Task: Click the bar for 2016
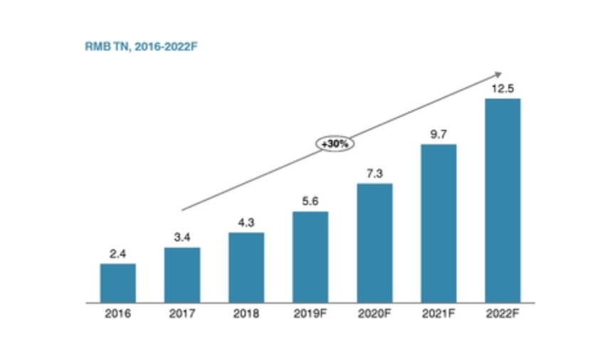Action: (117, 283)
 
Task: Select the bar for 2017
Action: (182, 275)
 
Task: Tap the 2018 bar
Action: (246, 268)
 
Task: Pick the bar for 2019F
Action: (310, 257)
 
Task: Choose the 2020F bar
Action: (374, 243)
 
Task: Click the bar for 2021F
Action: (438, 223)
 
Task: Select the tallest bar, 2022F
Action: (503, 201)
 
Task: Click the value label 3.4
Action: (182, 238)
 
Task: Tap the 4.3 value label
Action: (246, 223)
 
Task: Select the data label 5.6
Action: (310, 201)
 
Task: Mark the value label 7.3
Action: (374, 174)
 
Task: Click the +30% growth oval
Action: (335, 144)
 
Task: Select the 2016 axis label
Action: (117, 314)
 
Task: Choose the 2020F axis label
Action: (374, 314)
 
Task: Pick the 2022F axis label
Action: (503, 314)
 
